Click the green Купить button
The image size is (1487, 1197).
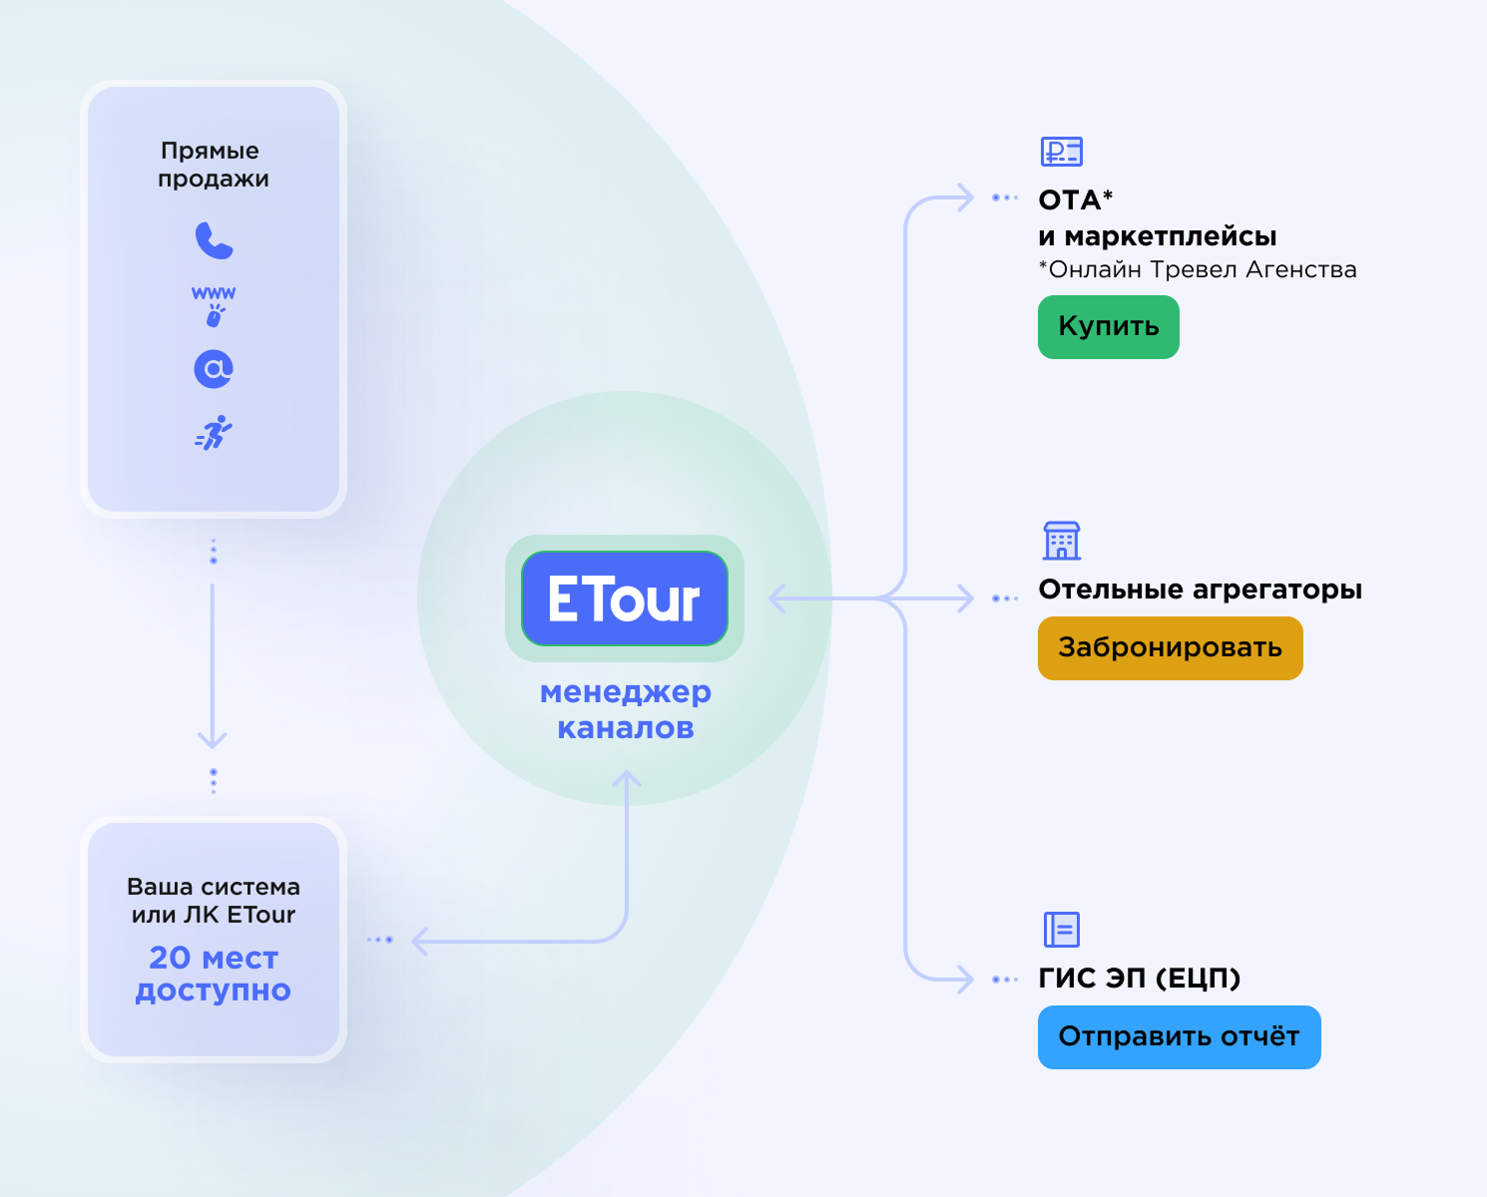point(1109,327)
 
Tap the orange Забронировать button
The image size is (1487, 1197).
point(1171,648)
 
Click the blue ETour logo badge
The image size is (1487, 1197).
point(625,598)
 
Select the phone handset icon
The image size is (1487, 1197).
point(215,240)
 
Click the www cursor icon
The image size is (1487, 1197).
point(214,306)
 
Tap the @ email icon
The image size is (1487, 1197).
point(214,369)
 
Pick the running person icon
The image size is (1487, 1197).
point(214,432)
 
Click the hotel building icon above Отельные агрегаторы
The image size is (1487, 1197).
point(1061,540)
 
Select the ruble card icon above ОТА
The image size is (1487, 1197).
point(1061,152)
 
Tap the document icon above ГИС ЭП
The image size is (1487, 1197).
point(1061,929)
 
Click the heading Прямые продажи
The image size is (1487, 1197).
point(213,165)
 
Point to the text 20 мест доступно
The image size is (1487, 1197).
point(213,974)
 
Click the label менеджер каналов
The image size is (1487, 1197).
point(626,709)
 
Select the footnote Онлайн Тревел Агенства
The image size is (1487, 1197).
point(1198,269)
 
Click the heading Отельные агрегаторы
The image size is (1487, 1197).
point(1201,590)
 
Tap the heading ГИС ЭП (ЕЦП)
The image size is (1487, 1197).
point(1140,978)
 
